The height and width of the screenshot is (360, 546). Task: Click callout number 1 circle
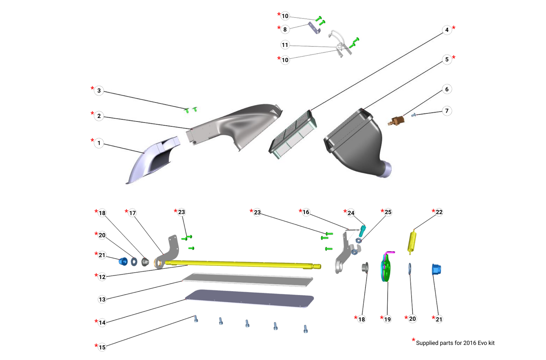pyautogui.click(x=99, y=143)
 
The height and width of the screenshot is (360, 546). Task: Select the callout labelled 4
pyautogui.click(x=447, y=30)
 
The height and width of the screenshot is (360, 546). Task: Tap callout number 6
pyautogui.click(x=447, y=89)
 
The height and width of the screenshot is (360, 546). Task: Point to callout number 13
pyautogui.click(x=102, y=299)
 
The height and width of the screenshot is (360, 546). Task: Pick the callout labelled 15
pyautogui.click(x=102, y=347)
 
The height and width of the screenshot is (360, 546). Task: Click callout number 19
pyautogui.click(x=387, y=319)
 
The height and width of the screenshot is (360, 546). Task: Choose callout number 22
pyautogui.click(x=439, y=212)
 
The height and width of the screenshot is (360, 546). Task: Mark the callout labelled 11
pyautogui.click(x=285, y=45)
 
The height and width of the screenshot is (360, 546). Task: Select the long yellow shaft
pyautogui.click(x=242, y=264)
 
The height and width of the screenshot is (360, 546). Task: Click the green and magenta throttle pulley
pyautogui.click(x=386, y=267)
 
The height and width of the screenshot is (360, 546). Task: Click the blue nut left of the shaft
pyautogui.click(x=123, y=261)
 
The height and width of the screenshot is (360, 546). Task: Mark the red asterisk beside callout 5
pyautogui.click(x=454, y=57)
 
